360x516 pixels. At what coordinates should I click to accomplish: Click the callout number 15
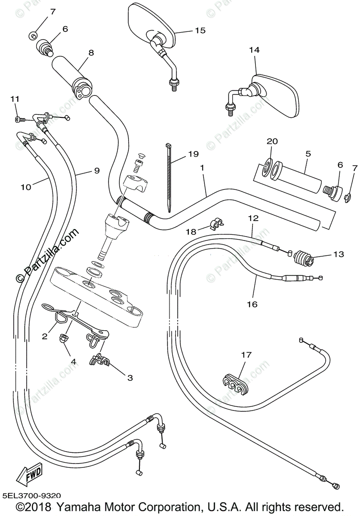click(x=200, y=31)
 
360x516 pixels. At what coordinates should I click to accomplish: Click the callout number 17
click(x=246, y=355)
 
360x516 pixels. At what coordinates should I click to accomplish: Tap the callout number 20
click(x=272, y=141)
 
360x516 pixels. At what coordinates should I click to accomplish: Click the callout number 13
click(x=338, y=254)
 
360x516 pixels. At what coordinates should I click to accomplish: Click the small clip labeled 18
click(x=216, y=224)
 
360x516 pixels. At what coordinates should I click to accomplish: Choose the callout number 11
click(x=15, y=99)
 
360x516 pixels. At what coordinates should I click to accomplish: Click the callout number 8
click(x=91, y=53)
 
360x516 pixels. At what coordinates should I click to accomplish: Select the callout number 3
click(x=130, y=378)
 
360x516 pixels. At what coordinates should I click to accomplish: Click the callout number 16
click(x=252, y=304)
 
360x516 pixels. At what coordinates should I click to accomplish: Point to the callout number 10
click(x=26, y=187)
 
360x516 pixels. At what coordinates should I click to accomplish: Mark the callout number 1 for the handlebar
click(x=202, y=168)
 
